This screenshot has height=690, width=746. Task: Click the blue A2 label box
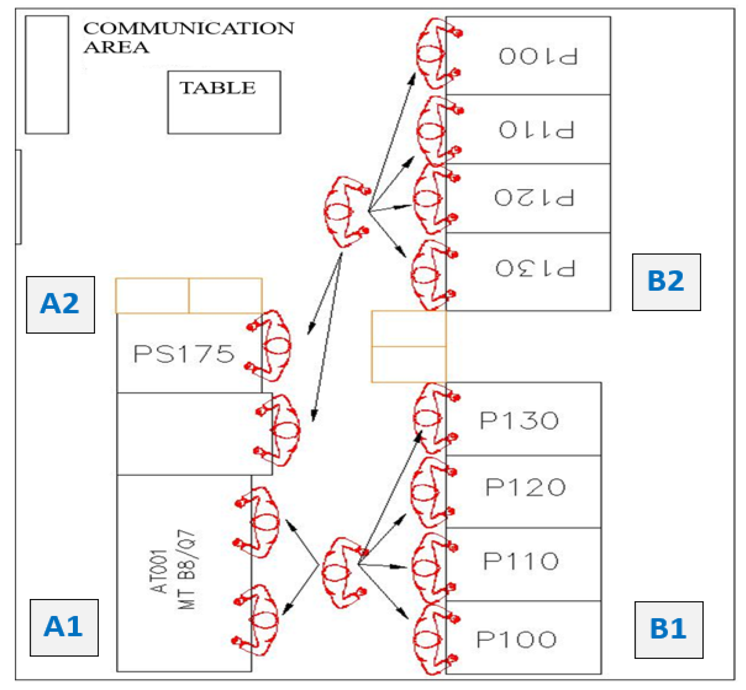coord(60,305)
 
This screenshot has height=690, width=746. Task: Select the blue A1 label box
coord(64,628)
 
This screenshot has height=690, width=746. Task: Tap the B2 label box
coord(666,282)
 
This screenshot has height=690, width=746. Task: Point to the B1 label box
coord(669,630)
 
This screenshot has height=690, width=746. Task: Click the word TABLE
coord(218,88)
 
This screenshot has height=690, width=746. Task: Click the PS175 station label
coord(184,354)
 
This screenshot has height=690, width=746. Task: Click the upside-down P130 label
coord(536,268)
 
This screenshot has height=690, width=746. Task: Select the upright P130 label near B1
coord(519,420)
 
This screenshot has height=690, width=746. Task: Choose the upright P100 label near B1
coord(517,640)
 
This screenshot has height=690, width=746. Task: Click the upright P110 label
coord(521,561)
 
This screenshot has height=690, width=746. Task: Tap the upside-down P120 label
coord(534,197)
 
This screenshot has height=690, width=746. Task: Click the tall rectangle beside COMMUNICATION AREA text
coord(47,74)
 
